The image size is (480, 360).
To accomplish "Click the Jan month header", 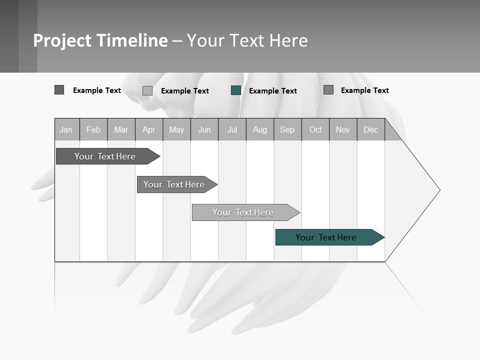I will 66,129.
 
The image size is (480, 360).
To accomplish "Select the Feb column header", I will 93,129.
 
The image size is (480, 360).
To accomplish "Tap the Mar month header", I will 121,129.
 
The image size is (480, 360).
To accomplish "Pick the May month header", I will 176,129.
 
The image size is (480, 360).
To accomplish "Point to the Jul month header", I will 232,129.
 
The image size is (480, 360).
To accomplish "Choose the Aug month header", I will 260,129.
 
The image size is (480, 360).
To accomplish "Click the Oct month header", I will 315,129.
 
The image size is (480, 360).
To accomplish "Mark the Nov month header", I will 343,129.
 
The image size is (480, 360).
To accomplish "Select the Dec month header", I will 370,129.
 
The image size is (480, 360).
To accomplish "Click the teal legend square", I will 236,90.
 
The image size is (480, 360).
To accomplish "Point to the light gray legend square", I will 147,90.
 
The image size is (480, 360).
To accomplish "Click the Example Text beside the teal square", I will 273,91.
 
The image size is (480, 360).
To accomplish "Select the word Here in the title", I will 288,40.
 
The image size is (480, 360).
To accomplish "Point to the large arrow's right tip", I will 439,190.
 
